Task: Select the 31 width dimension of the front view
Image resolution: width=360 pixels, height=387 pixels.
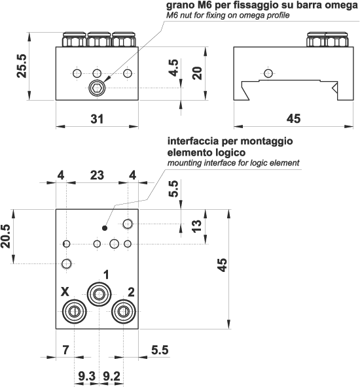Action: click(x=96, y=118)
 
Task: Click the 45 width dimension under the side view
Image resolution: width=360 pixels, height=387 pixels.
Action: click(x=294, y=118)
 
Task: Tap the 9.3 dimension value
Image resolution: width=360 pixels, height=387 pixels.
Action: click(x=86, y=376)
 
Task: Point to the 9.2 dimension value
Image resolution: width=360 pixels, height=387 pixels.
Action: click(x=112, y=376)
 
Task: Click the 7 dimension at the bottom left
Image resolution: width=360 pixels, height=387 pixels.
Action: click(x=65, y=350)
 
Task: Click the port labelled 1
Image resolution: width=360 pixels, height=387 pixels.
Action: click(x=99, y=293)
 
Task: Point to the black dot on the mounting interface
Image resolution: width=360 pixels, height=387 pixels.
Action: click(x=105, y=227)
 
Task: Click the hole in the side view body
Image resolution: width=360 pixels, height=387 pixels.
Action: click(x=266, y=72)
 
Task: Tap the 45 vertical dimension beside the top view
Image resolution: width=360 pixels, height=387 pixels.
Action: click(x=223, y=265)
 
